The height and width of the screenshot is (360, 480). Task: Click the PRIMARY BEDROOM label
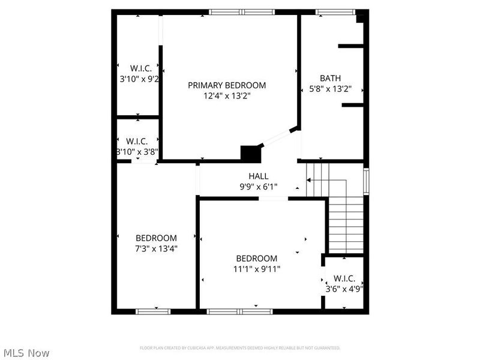[x=227, y=85]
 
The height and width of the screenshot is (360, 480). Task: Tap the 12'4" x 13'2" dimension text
[x=227, y=95]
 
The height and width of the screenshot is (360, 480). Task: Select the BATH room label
[x=330, y=78]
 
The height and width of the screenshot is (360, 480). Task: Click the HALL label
[x=259, y=176]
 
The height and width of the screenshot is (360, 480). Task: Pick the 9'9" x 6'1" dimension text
[x=259, y=186]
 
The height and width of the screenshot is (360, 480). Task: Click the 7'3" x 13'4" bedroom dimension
[x=156, y=248]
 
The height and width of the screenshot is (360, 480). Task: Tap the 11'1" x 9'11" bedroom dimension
[x=257, y=268]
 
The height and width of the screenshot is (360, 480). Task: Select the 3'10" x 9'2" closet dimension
[x=139, y=78]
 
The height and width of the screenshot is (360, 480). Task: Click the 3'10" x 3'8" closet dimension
[x=137, y=152]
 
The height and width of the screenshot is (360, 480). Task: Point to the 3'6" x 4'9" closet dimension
[x=344, y=289]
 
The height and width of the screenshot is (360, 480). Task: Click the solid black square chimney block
[x=248, y=152]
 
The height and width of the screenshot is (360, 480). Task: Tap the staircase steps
[x=346, y=225]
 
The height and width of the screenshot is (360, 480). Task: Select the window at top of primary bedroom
[x=242, y=11]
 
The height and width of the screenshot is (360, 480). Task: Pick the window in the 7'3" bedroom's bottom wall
[x=153, y=311]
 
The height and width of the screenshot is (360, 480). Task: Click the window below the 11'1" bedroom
[x=241, y=311]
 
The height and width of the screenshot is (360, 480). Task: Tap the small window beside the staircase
[x=366, y=181]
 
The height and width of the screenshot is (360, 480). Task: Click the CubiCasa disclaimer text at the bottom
[x=240, y=348]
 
